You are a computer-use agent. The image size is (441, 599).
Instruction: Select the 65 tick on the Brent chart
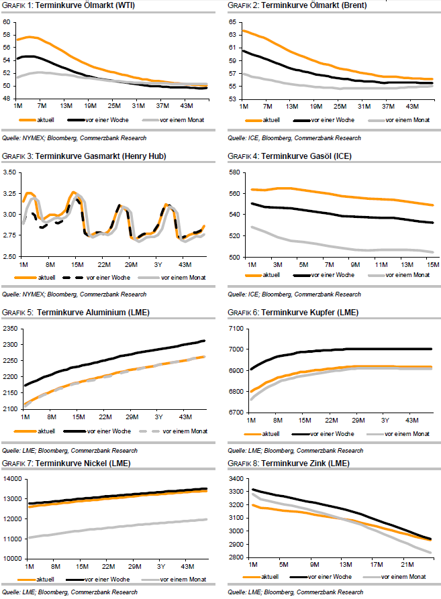[x=234, y=22]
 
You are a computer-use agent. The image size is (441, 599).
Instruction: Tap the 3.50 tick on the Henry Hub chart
[x=9, y=172]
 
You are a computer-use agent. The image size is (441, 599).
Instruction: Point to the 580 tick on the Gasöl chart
[x=234, y=172]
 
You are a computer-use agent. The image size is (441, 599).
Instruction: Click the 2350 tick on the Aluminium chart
[x=11, y=328]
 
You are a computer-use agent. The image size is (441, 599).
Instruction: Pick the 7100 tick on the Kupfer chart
[x=236, y=328]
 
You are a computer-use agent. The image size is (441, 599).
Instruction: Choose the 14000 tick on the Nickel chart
[x=11, y=479]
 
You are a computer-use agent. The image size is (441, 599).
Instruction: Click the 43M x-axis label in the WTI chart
[x=187, y=106]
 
